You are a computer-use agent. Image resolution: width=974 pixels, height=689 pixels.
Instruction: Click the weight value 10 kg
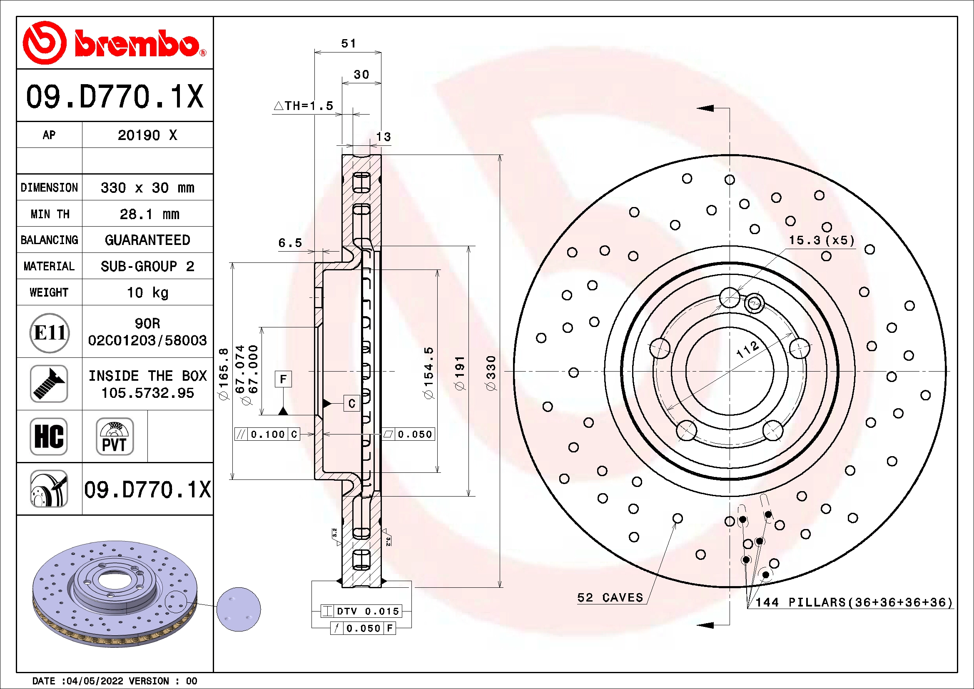click(x=148, y=292)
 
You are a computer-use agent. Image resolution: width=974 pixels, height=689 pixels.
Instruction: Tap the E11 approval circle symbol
click(x=50, y=332)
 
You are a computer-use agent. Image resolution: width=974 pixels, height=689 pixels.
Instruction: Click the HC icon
click(x=49, y=436)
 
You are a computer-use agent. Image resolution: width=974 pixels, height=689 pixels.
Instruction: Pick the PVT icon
click(x=115, y=436)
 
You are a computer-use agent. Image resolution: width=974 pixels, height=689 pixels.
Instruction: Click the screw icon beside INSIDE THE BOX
click(x=49, y=384)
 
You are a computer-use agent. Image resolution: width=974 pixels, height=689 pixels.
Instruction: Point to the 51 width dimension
click(x=348, y=43)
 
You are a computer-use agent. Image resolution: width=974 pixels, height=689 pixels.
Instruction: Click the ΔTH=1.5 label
click(x=304, y=106)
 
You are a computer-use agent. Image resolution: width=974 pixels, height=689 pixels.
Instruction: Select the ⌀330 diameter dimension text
click(x=491, y=373)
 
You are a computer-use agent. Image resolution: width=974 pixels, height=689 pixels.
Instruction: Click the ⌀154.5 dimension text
click(x=428, y=373)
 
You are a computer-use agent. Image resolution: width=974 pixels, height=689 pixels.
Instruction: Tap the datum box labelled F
click(x=284, y=378)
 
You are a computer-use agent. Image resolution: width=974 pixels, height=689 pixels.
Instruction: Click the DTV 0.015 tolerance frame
click(x=361, y=611)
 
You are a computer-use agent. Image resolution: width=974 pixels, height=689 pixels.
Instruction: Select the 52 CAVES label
click(x=610, y=597)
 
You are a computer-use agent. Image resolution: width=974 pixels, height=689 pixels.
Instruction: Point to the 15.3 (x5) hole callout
click(x=821, y=240)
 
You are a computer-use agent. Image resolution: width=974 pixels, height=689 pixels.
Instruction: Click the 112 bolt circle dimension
click(x=747, y=349)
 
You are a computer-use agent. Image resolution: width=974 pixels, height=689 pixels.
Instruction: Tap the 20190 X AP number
click(x=147, y=135)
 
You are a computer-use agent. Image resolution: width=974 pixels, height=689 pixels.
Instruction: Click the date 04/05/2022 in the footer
click(x=95, y=681)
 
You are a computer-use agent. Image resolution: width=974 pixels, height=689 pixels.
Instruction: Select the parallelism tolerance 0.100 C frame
click(x=267, y=434)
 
